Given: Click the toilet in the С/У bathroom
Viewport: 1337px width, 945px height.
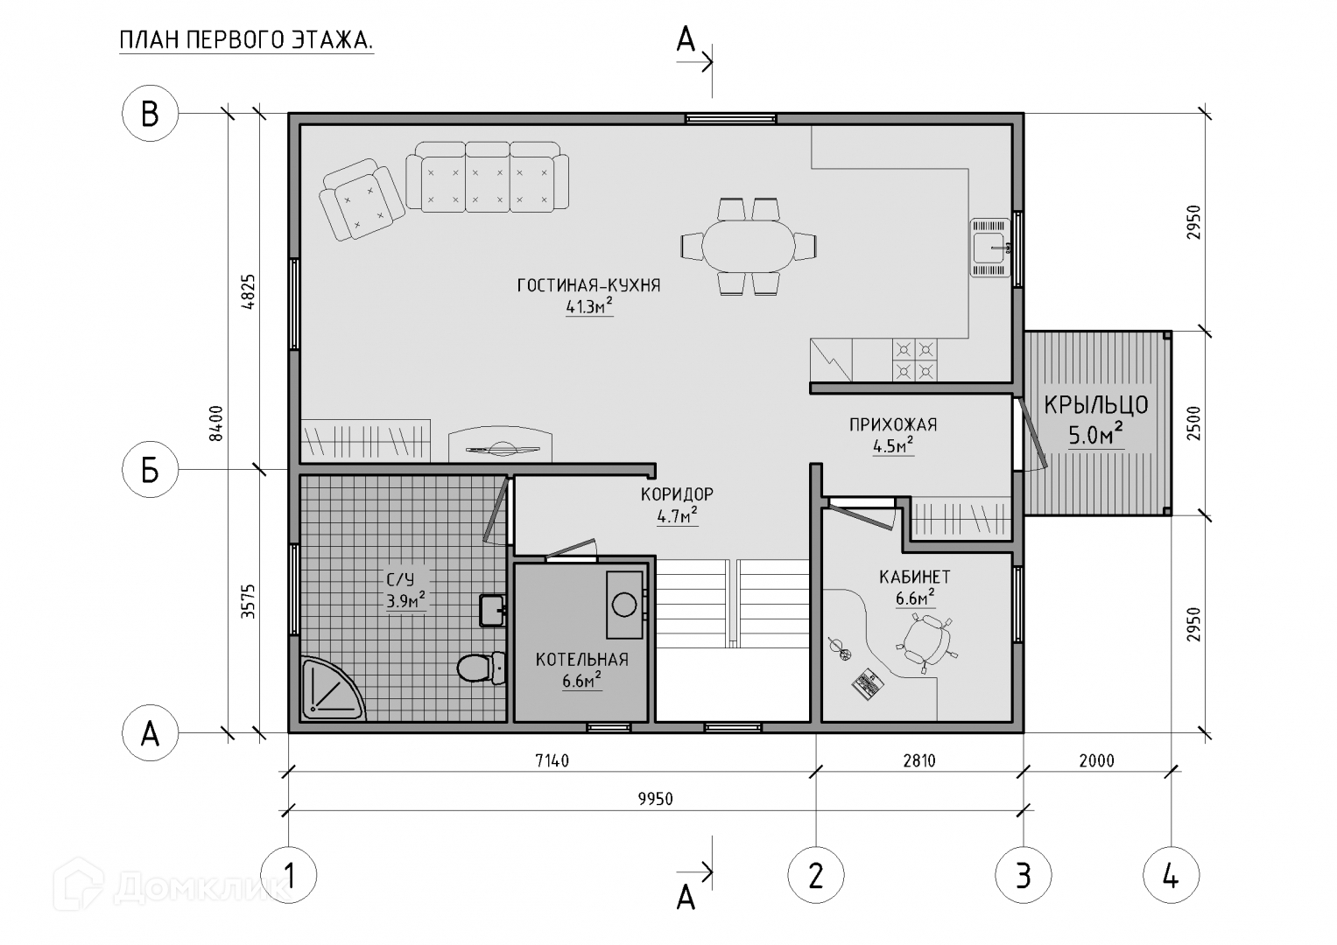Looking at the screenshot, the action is click(481, 668).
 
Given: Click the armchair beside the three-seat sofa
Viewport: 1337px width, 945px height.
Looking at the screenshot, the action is click(362, 199).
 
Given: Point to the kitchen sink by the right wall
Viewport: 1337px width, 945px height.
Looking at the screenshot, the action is click(989, 248).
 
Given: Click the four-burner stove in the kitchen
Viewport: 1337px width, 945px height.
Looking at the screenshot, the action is click(914, 360).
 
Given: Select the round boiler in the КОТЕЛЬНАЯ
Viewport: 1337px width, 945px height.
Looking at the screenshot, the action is click(624, 605).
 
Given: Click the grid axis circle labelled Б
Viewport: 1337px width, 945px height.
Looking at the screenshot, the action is click(150, 470).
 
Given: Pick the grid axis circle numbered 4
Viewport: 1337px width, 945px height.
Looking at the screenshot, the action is click(1171, 877).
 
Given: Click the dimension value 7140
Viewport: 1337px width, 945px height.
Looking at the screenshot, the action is click(552, 761).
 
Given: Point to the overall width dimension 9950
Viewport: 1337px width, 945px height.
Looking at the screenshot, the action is click(656, 799).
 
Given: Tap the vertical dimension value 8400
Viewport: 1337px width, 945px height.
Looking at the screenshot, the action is click(216, 423).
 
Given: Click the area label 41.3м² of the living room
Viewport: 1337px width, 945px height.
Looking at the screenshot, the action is click(589, 306).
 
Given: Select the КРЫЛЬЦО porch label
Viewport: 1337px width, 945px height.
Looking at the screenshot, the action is click(1096, 405).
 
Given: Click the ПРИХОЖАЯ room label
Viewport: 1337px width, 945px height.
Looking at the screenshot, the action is click(893, 424).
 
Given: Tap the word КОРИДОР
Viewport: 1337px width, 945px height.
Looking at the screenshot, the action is click(677, 494).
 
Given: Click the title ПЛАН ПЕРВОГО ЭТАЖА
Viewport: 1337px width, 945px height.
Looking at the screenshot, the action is click(246, 40).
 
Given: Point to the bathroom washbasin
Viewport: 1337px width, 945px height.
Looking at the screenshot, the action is click(492, 611).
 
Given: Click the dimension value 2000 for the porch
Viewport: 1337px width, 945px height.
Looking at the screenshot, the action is click(1097, 761).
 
